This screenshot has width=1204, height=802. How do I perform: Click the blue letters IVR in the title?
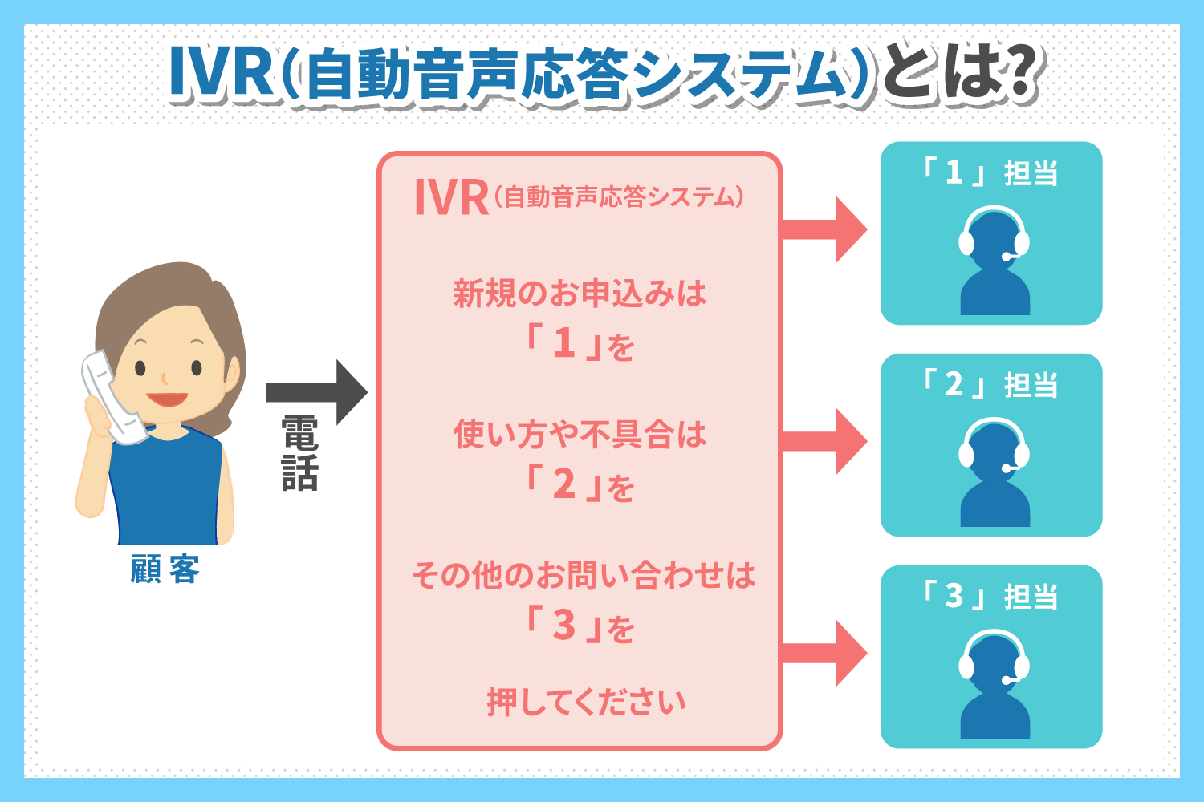pos(221,74)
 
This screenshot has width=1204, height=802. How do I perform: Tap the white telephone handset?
pos(112,397)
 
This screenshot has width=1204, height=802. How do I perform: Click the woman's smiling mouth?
pos(167,399)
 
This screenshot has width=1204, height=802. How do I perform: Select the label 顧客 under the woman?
pos(165,569)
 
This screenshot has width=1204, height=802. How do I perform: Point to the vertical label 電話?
pos(300,453)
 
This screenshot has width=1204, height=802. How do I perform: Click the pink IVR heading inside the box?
pos(451,198)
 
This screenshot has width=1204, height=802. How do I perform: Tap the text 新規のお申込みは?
pos(580,294)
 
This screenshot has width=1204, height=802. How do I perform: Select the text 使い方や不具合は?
pos(580,435)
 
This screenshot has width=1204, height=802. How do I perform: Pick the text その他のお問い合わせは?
pos(583,575)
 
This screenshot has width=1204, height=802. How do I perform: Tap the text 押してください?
pos(586,702)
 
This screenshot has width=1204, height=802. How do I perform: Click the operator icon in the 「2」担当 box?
pos(994,473)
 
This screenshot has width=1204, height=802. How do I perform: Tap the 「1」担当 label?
pos(990,173)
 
